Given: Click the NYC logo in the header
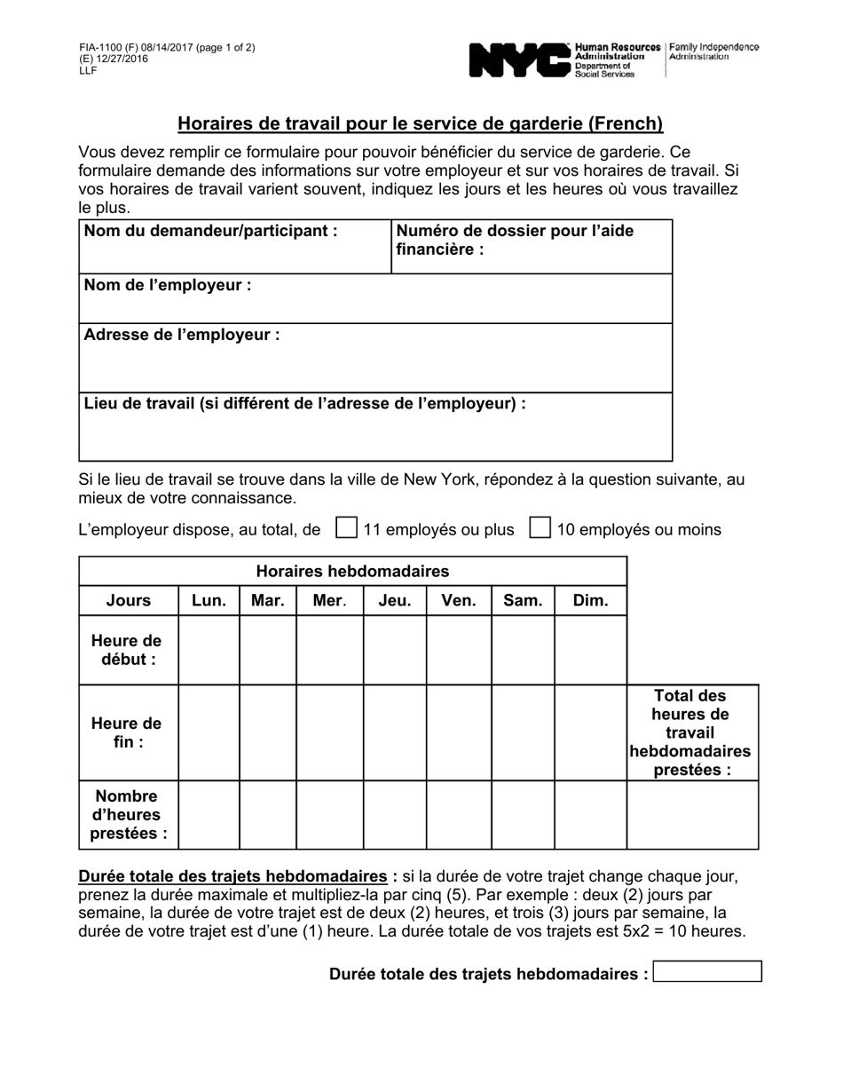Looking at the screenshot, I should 519,59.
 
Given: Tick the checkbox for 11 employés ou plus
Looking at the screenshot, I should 346,528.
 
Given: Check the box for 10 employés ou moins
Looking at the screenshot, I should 540,528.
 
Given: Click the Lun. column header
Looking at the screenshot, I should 209,600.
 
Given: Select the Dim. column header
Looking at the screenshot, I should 590,600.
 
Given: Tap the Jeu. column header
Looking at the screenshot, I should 395,600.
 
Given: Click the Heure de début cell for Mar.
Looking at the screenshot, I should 268,650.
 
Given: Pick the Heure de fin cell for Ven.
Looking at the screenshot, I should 459,732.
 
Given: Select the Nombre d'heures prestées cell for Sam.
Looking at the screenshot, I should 523,814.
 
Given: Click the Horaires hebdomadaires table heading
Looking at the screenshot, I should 352,571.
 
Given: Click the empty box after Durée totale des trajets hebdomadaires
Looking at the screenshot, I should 707,971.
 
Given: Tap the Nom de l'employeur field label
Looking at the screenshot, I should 168,285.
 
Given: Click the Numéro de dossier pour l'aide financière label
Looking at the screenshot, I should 515,240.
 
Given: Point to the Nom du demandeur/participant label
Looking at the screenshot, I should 210,231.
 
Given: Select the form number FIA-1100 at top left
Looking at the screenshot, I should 100,48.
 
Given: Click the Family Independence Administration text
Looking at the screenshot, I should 713,51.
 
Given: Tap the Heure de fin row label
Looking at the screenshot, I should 128,732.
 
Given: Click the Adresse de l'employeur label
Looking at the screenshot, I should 182,335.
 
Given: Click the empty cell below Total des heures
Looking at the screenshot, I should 692,814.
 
